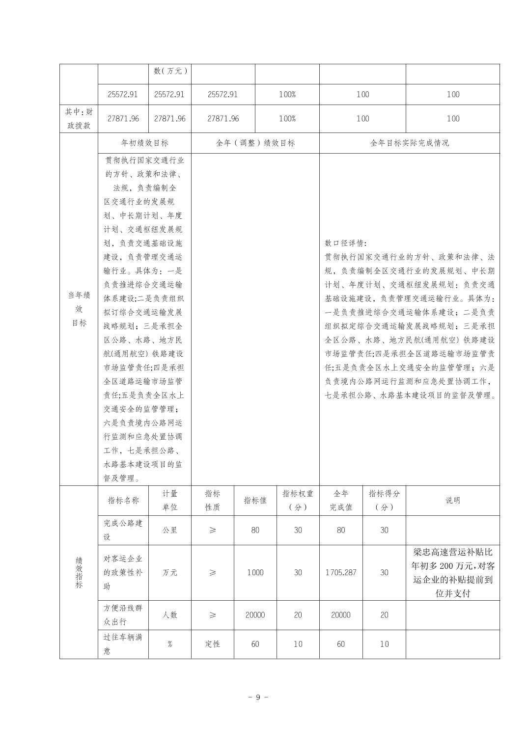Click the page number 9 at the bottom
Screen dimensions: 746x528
coord(258,697)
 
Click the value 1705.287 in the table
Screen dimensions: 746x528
coord(340,572)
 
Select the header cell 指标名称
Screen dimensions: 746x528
coord(123,500)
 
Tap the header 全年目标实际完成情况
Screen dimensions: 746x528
coord(409,143)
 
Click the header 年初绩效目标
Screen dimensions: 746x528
coord(144,143)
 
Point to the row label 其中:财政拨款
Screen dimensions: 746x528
coord(79,119)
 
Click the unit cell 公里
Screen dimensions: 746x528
coord(169,530)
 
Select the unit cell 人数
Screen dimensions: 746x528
coord(169,615)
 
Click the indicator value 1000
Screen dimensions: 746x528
coord(255,572)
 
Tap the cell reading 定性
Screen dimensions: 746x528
coord(212,644)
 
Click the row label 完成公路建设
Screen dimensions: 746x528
coord(123,530)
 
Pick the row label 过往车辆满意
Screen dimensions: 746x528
coord(123,644)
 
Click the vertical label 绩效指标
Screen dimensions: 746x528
coord(79,572)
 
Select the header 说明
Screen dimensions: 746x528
coord(452,500)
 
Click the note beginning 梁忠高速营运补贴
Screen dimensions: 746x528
coord(452,572)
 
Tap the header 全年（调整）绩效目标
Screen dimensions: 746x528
coord(255,143)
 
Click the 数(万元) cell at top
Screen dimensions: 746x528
coord(169,71)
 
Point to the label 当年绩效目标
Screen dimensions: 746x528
coord(79,309)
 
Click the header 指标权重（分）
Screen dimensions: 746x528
coord(298,500)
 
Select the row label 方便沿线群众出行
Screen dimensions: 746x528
coord(123,615)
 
